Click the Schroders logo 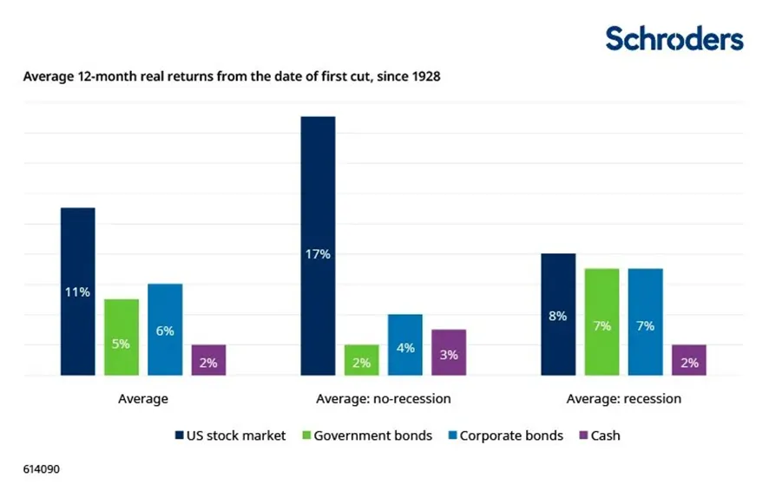674,39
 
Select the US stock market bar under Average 77,291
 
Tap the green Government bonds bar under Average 122,337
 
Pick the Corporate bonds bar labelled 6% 165,330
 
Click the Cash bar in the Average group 208,360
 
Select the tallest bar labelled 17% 318,246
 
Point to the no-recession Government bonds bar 361,360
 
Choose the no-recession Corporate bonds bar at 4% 405,345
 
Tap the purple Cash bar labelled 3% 449,352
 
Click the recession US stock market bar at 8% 558,315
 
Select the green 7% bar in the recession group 601,322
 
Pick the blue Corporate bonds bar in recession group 645,322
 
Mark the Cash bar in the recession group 689,360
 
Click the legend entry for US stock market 230,435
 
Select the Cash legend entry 599,435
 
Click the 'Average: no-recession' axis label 383,399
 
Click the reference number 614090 42,469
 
